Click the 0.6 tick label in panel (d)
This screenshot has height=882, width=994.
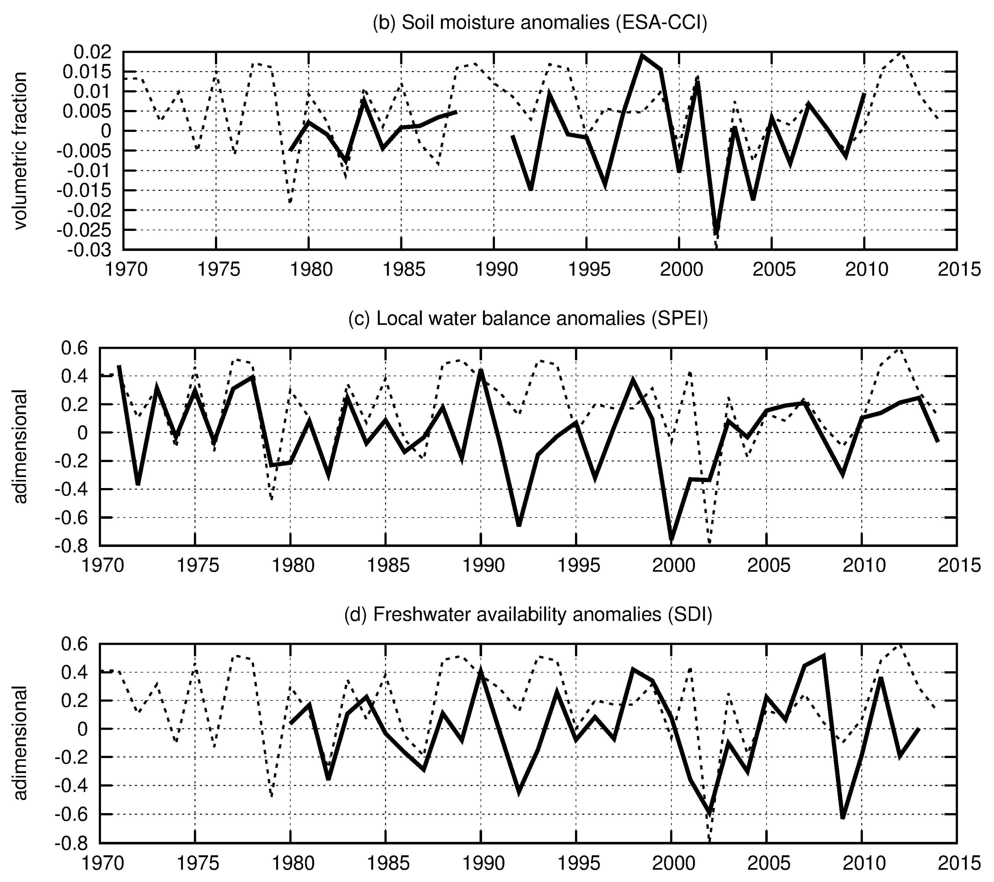coord(79,645)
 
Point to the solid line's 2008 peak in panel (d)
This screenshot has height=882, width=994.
coord(824,656)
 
